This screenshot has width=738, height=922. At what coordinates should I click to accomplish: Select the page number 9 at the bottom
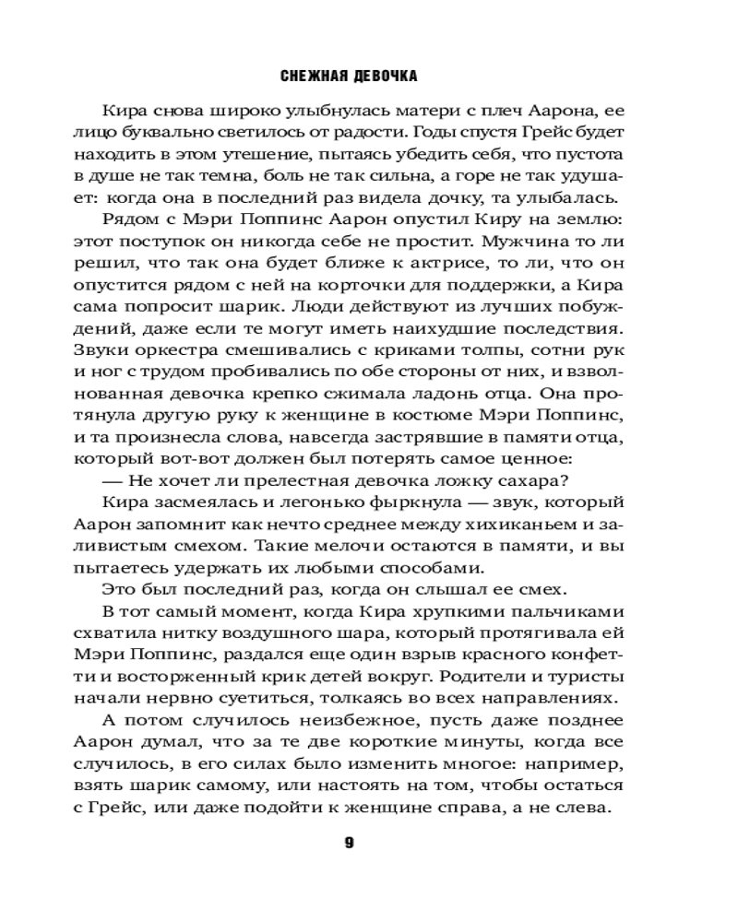click(x=349, y=842)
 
